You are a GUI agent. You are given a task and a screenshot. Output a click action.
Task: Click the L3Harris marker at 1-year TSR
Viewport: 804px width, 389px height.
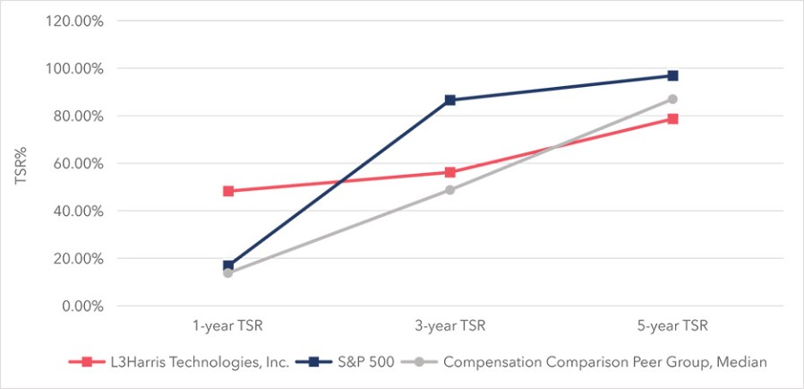click(228, 191)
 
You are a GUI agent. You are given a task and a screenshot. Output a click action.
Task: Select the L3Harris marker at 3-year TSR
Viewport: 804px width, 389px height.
click(450, 172)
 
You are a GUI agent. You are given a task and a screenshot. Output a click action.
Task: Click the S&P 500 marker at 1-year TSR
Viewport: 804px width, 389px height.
click(228, 265)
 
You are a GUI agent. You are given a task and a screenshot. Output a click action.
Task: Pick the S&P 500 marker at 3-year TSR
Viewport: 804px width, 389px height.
click(450, 99)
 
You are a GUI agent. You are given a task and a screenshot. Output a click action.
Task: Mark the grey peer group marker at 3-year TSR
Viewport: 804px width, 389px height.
click(450, 190)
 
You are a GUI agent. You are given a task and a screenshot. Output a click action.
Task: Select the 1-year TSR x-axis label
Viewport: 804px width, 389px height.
click(228, 326)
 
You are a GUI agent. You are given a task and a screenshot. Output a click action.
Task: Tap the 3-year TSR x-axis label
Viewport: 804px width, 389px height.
click(450, 326)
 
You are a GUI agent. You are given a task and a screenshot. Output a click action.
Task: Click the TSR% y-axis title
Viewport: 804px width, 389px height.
click(20, 164)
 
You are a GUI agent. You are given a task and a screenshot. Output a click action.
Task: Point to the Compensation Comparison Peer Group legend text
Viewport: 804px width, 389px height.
click(605, 362)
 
